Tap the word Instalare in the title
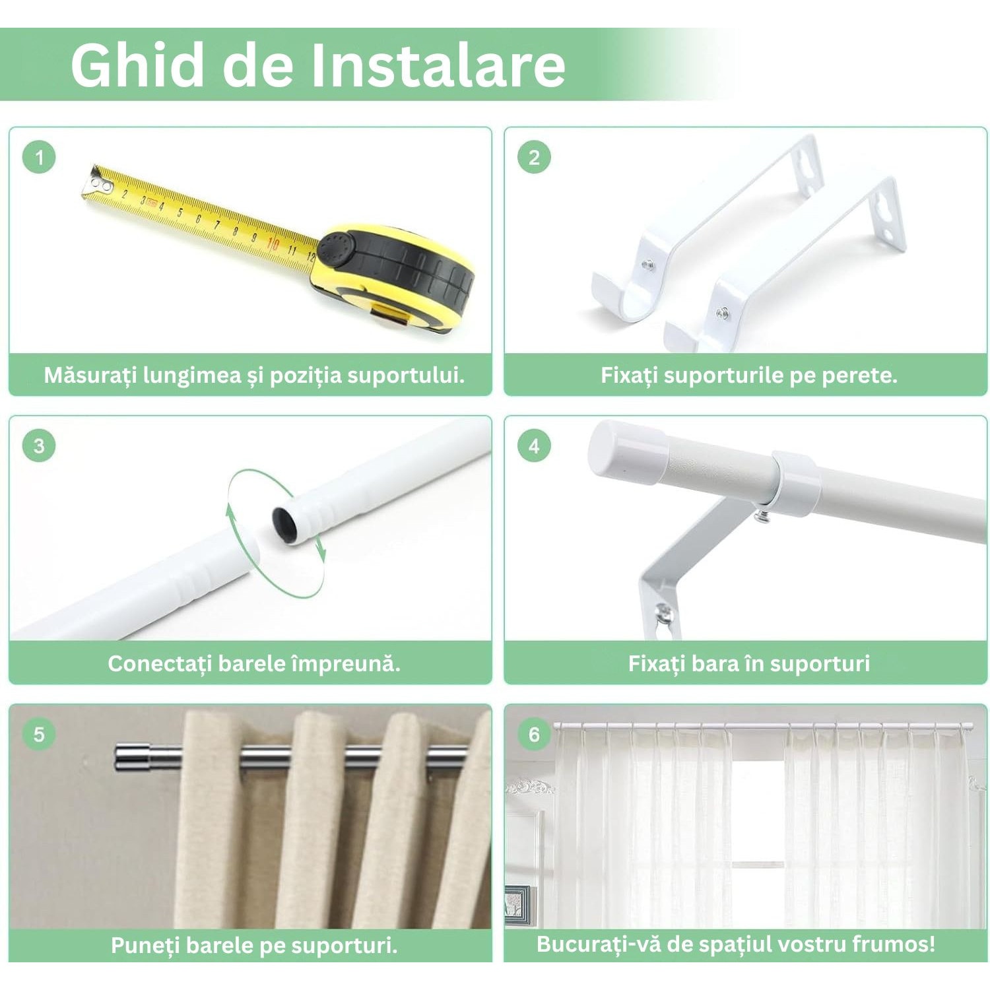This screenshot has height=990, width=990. tap(438, 65)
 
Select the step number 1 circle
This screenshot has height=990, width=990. tap(39, 157)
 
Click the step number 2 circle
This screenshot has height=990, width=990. tap(534, 157)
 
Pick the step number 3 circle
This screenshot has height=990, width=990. tap(39, 445)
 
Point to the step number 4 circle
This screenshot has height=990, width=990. tap(534, 445)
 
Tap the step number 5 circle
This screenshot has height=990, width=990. tap(39, 734)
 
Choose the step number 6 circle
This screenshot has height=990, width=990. tap(534, 734)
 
